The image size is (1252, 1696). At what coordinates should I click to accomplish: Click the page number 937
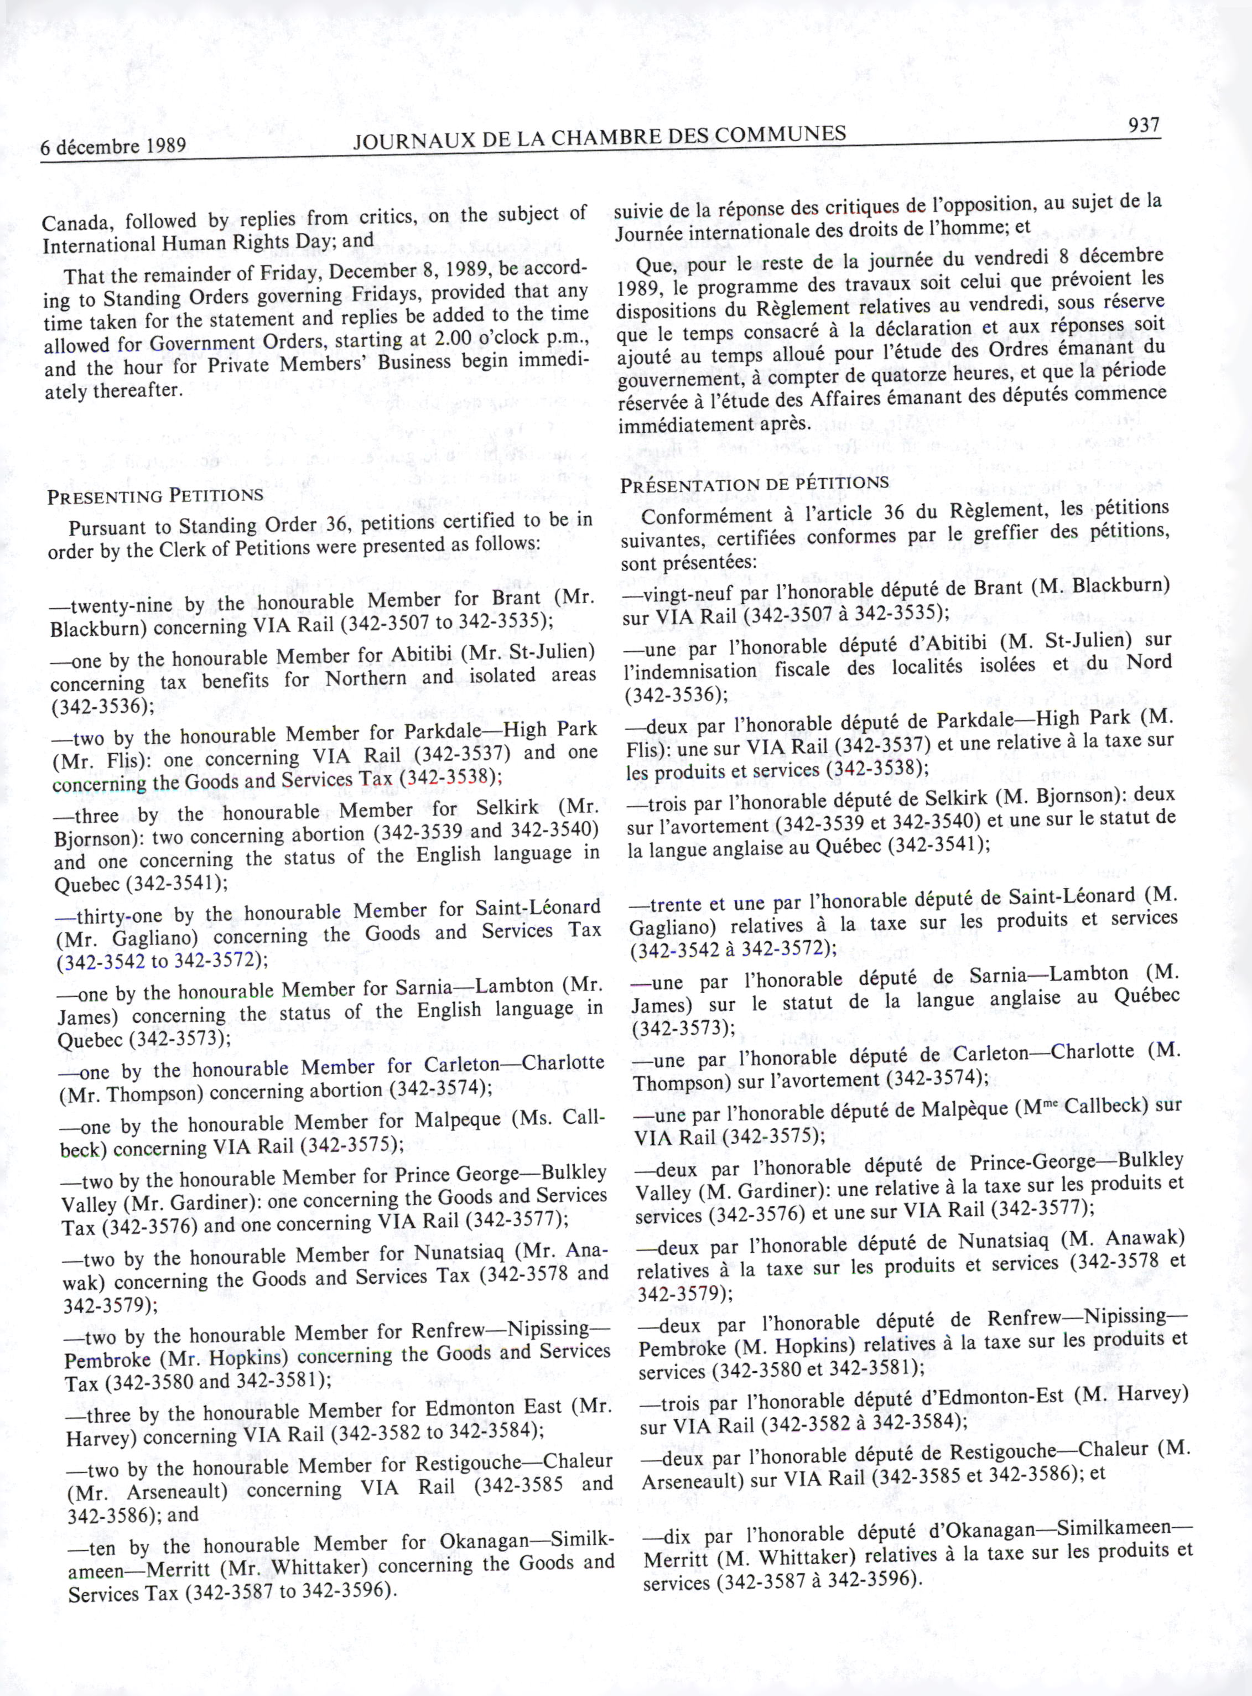click(1144, 125)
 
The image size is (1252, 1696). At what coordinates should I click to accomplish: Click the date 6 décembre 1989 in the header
click(113, 146)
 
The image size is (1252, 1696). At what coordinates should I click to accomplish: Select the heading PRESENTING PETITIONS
click(155, 496)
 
